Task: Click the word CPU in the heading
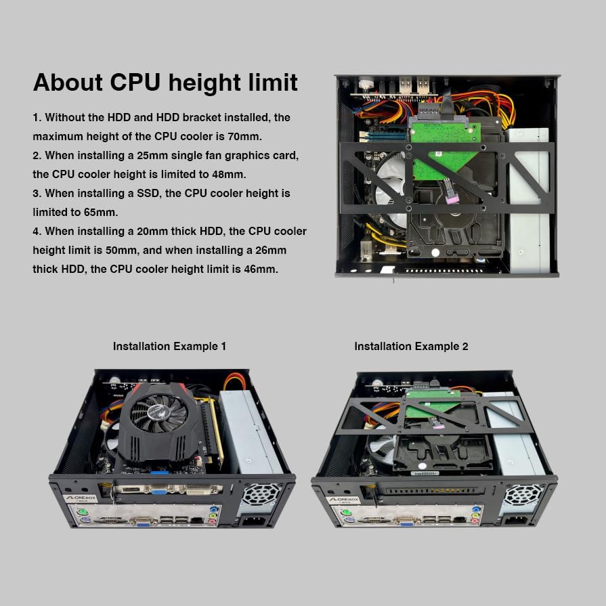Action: click(135, 83)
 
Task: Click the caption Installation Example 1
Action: click(169, 346)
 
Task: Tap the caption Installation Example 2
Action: click(411, 346)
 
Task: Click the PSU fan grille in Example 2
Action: click(521, 495)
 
